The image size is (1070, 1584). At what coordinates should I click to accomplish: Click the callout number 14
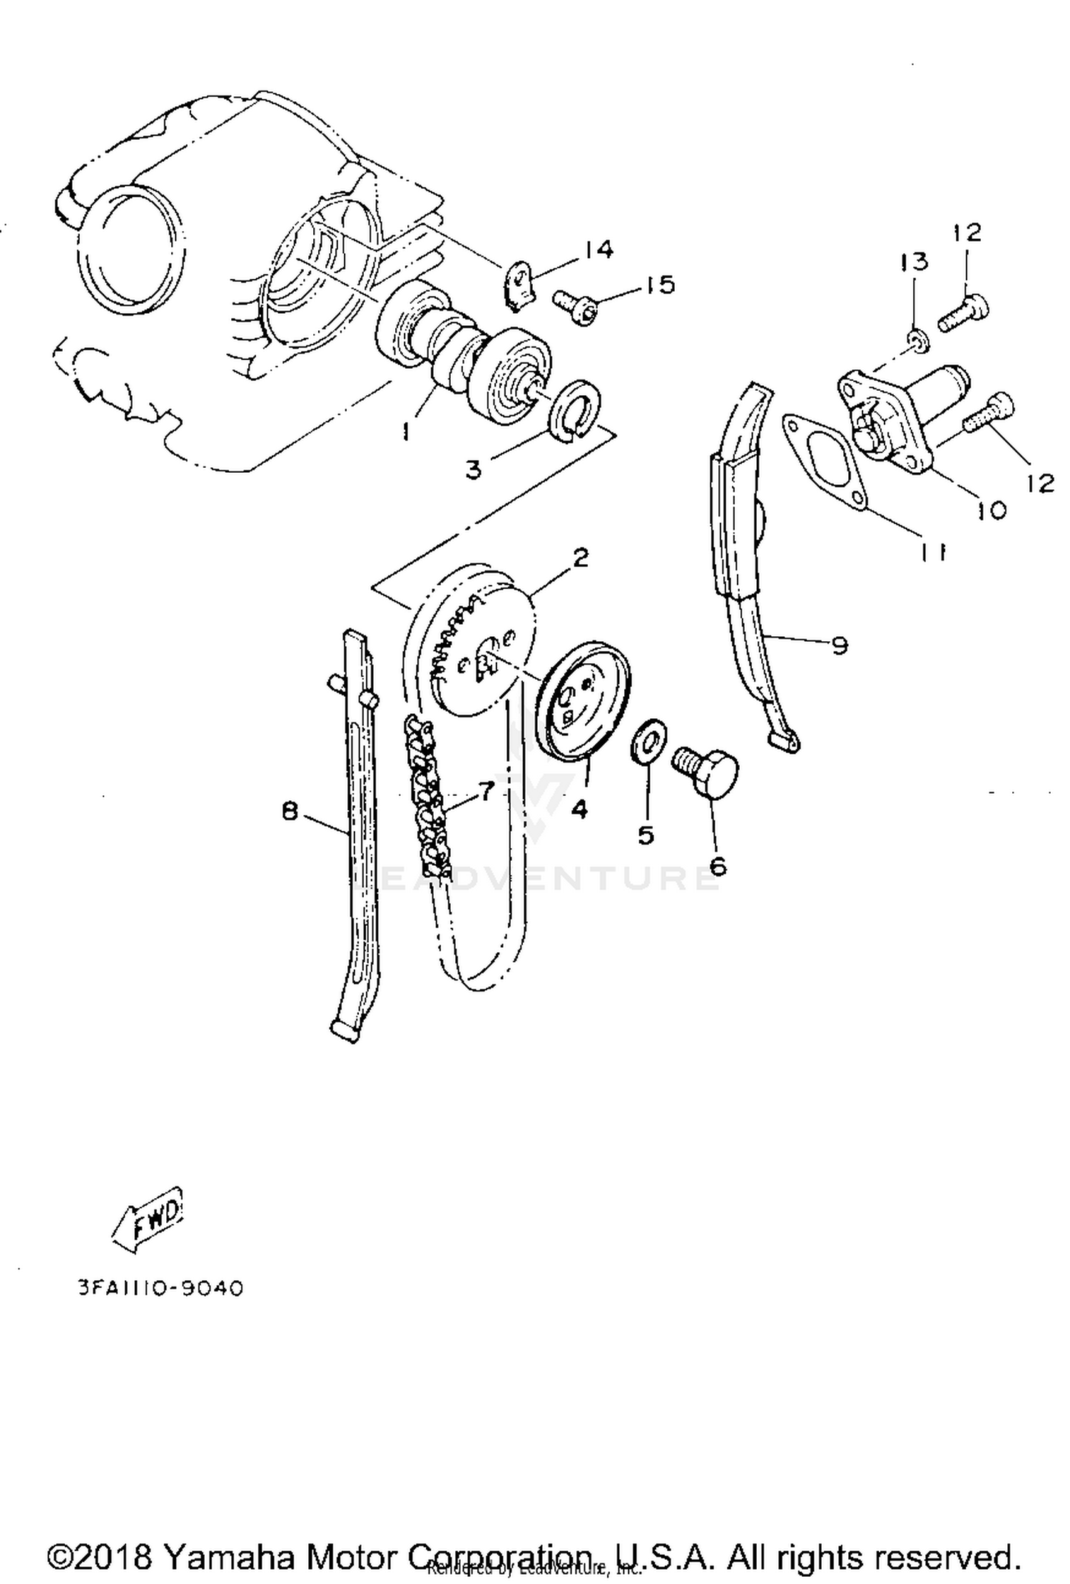(598, 250)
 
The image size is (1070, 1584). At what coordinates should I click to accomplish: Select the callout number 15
(660, 285)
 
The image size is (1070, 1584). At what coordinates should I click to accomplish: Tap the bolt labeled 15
(575, 306)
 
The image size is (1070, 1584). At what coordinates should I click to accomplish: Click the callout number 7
(486, 790)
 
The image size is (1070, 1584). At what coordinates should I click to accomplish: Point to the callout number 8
(290, 811)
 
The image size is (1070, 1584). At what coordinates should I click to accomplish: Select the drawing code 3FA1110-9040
(161, 1289)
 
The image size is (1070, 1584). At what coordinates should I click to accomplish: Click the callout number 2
(581, 558)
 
